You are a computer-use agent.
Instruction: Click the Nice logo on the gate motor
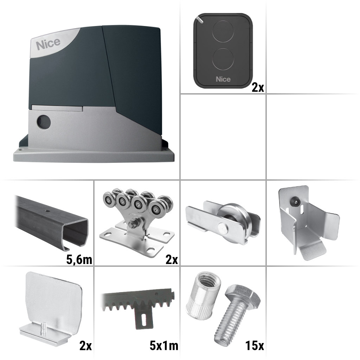pyautogui.click(x=48, y=44)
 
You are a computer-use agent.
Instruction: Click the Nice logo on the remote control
pyautogui.click(x=223, y=79)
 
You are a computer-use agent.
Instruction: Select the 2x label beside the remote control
pyautogui.click(x=258, y=88)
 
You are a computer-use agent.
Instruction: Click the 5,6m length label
pyautogui.click(x=79, y=260)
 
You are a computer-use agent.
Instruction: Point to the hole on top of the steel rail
pyautogui.click(x=47, y=210)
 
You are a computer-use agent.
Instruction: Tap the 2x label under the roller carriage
pyautogui.click(x=172, y=260)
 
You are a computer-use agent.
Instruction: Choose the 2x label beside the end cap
pyautogui.click(x=85, y=346)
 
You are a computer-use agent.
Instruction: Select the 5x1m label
pyautogui.click(x=164, y=346)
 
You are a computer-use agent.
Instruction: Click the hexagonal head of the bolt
pyautogui.click(x=243, y=295)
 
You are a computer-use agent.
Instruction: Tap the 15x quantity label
pyautogui.click(x=255, y=346)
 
